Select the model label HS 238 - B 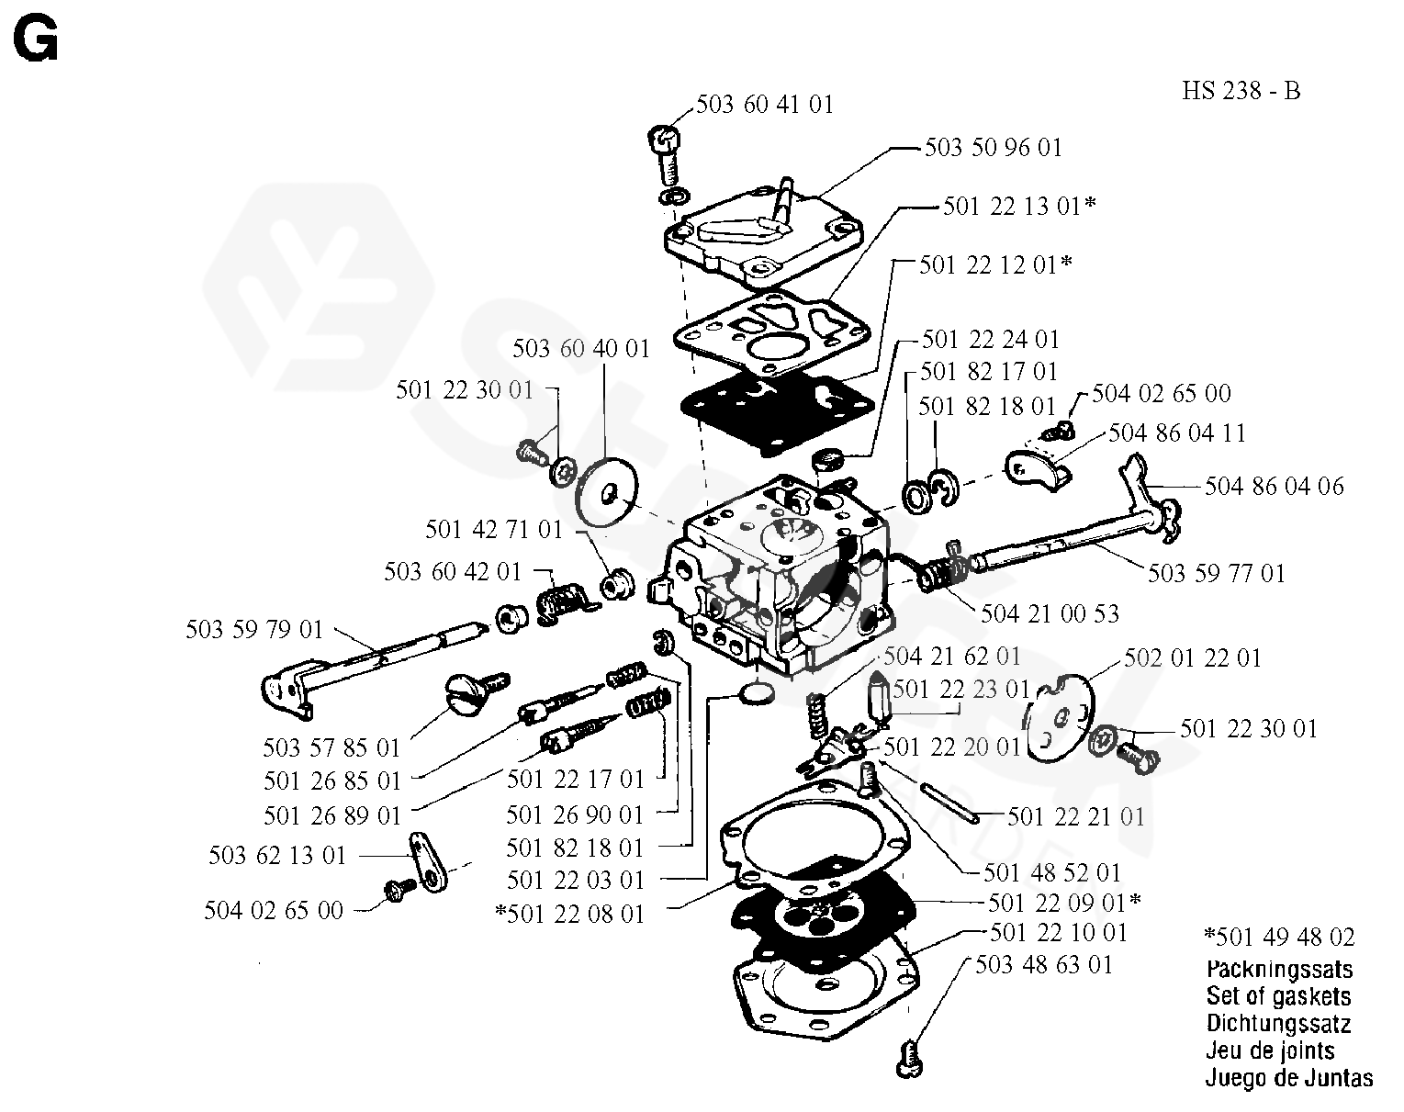tap(1241, 91)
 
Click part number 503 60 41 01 tap(764, 104)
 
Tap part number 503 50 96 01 tap(993, 147)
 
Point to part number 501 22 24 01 tap(990, 340)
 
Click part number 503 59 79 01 tap(254, 630)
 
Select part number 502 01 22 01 tap(1193, 658)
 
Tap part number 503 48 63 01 tap(1043, 964)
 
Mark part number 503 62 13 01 tap(277, 856)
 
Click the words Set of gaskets tap(1277, 995)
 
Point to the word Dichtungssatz tap(1277, 1023)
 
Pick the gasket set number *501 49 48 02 tap(1278, 938)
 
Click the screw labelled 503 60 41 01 tap(667, 156)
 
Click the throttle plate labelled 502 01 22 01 tap(1061, 717)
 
